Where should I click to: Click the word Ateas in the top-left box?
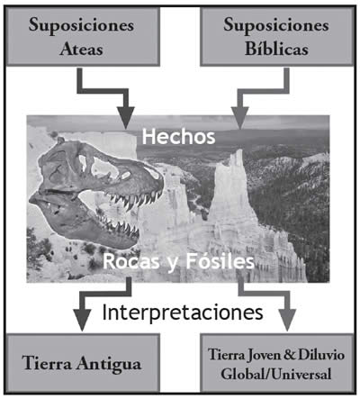point(81,49)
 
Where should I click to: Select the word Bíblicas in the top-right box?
point(276,49)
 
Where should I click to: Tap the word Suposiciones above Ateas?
point(81,25)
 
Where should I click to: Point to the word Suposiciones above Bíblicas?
point(276,25)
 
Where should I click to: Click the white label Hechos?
point(178,137)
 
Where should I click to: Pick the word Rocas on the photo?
point(131,261)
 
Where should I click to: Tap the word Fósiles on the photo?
point(220,261)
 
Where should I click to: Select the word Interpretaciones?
point(183,313)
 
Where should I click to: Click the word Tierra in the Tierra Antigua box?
point(47,363)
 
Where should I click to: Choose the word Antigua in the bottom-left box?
point(108,365)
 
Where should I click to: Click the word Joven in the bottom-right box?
point(264,355)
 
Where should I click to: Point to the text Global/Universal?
point(276,374)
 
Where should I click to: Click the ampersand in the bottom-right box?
point(290,355)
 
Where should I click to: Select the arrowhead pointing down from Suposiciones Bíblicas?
point(239,118)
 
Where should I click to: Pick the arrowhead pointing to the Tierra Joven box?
point(287,320)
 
